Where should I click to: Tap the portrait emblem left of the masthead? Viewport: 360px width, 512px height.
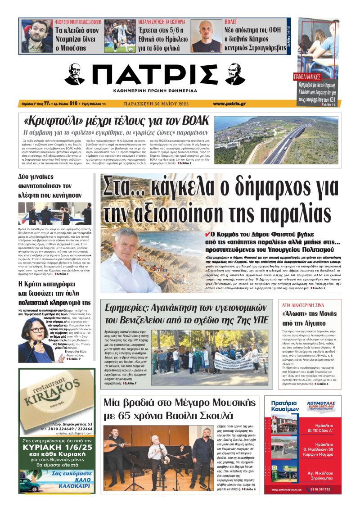75,74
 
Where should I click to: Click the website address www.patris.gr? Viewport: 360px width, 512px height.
229,104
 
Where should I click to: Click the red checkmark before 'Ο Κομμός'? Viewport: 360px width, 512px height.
207,234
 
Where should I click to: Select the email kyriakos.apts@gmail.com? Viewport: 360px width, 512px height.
69,431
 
